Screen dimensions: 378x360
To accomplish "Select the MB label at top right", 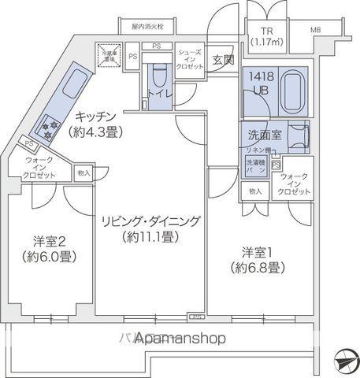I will coord(315,30).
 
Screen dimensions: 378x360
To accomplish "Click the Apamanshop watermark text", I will coord(180,339).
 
